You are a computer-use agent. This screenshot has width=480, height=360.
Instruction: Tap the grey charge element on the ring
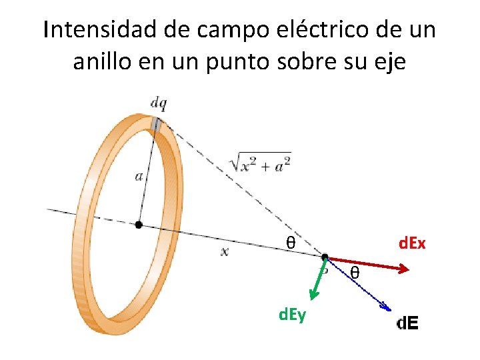[156, 125]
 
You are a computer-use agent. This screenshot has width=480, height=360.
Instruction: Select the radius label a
[139, 177]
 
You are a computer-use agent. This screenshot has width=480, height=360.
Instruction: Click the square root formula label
[259, 163]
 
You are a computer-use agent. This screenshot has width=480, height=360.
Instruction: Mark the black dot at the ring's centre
[138, 225]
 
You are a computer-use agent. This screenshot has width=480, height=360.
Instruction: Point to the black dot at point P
[325, 257]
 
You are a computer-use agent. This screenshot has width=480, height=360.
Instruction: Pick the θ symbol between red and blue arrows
[355, 273]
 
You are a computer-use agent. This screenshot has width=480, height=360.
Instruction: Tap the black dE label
[407, 324]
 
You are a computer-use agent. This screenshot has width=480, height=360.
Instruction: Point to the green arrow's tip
[311, 295]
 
